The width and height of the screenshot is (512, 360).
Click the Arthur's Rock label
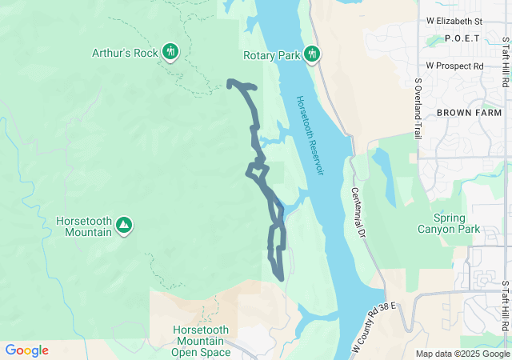[124, 54]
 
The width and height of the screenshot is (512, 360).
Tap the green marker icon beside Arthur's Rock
[170, 52]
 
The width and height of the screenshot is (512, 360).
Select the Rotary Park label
[271, 55]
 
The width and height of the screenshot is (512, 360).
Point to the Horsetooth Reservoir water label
[310, 137]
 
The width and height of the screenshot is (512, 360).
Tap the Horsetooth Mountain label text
[84, 226]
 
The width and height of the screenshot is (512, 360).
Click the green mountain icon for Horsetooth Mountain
[124, 225]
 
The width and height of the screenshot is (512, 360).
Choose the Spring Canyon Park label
[448, 223]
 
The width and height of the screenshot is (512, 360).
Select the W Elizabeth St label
[454, 20]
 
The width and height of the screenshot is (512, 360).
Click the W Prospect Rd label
[454, 66]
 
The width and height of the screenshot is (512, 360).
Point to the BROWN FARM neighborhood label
[469, 113]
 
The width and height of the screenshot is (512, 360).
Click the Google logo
[26, 350]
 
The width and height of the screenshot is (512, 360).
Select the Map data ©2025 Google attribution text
[462, 354]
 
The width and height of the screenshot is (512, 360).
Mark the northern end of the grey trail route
[230, 82]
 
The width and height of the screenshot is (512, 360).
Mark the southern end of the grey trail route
[282, 278]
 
